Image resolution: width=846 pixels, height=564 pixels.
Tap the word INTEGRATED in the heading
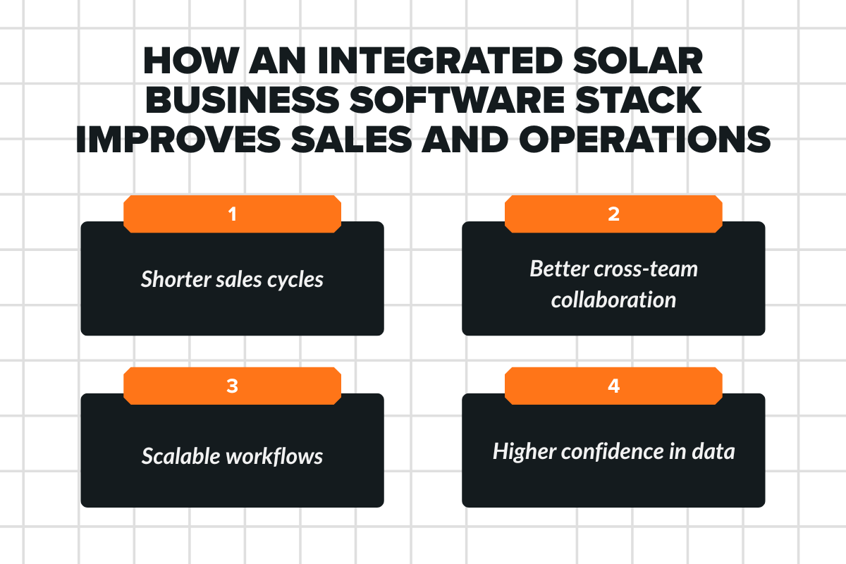pyautogui.click(x=420, y=63)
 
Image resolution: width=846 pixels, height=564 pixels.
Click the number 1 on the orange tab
pyautogui.click(x=232, y=214)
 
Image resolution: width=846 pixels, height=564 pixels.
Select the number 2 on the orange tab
pyautogui.click(x=613, y=214)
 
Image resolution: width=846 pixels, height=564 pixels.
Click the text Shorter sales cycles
pyautogui.click(x=232, y=279)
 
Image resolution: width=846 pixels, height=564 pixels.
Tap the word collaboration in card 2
pyautogui.click(x=613, y=300)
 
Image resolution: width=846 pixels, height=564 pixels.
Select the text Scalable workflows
pyautogui.click(x=232, y=455)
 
